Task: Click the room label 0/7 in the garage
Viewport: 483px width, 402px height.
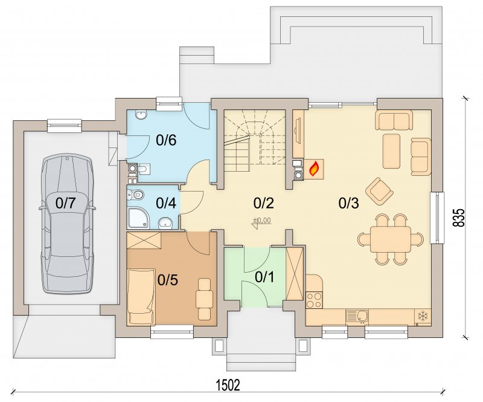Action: [65, 203]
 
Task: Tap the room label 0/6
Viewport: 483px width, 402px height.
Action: [166, 140]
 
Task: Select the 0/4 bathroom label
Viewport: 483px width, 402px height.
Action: [166, 203]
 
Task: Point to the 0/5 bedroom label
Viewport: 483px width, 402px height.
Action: [168, 280]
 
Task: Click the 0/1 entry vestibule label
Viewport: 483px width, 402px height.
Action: [264, 277]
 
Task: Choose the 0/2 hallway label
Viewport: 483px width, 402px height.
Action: [264, 203]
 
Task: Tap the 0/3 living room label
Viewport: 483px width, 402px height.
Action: [349, 203]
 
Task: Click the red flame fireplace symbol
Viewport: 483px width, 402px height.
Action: [314, 169]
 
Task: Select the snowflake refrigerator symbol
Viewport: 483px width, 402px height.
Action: [423, 316]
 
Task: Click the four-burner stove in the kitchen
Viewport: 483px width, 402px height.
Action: [314, 300]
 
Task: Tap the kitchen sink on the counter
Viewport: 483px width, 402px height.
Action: [357, 316]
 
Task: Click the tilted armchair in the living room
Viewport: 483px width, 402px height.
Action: [379, 191]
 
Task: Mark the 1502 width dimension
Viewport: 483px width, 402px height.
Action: [228, 385]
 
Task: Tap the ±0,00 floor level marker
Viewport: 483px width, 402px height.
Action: [262, 220]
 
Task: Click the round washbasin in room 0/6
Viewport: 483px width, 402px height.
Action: [141, 115]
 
